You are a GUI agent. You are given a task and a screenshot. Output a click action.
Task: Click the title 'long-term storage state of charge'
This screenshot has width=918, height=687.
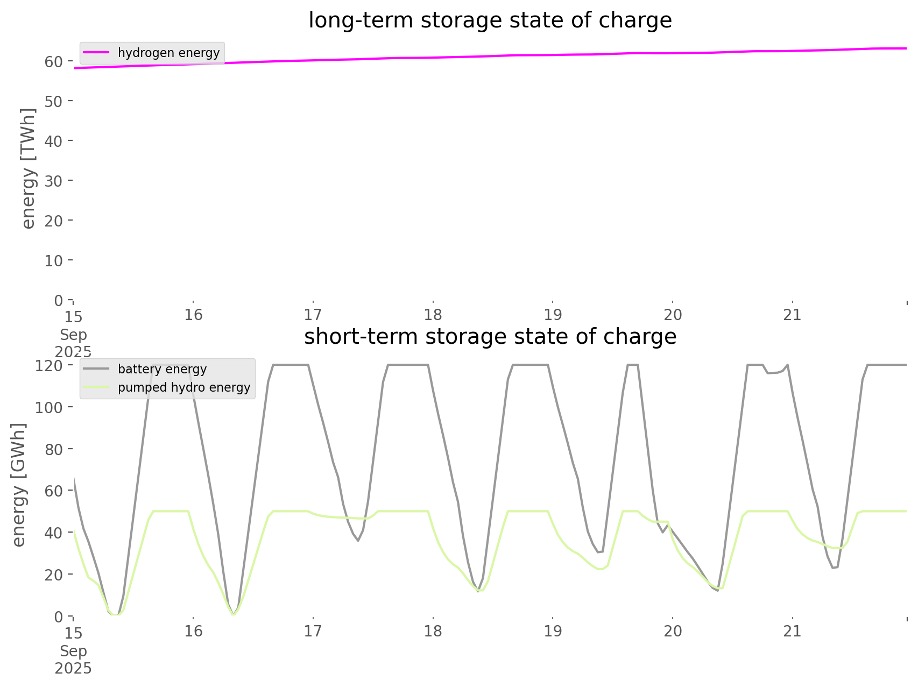tap(490, 20)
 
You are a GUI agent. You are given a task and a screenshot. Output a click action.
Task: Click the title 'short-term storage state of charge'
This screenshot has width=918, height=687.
tap(490, 337)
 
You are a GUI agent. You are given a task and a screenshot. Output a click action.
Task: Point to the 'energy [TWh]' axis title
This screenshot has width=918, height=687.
tap(29, 168)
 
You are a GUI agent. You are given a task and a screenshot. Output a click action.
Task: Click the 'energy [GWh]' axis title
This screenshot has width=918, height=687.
tap(19, 485)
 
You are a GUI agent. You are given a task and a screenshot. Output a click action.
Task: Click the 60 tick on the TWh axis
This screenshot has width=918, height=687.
tap(54, 61)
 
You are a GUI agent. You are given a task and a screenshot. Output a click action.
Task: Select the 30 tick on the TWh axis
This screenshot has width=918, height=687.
tap(54, 181)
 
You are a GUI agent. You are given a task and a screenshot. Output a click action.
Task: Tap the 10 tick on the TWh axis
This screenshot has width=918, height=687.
tap(54, 260)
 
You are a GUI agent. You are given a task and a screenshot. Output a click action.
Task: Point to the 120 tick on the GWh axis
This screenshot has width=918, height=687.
tap(50, 366)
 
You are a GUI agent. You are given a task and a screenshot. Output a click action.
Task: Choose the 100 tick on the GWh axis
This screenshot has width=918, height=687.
tap(50, 407)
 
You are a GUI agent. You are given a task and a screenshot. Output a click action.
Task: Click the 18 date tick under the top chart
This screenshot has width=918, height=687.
tap(433, 315)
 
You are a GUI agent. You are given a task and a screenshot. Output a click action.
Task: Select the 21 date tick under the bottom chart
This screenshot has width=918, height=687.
tap(792, 631)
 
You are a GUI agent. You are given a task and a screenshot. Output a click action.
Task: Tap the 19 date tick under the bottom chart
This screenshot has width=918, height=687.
tap(553, 631)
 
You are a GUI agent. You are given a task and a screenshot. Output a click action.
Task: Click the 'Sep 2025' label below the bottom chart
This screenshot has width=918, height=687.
tap(73, 660)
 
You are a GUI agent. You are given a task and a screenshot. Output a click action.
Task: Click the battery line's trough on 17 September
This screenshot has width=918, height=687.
tap(358, 541)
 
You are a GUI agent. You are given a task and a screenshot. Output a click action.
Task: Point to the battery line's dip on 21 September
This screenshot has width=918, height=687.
tap(834, 568)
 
